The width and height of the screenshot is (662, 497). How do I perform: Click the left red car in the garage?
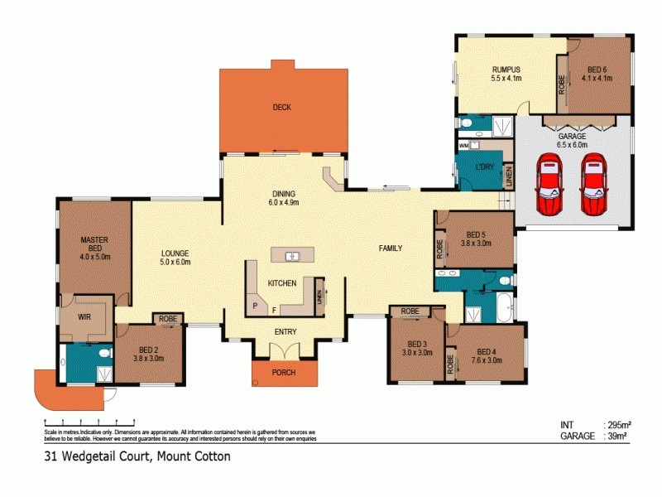tap(549, 184)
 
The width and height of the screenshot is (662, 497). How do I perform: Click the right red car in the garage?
tap(594, 184)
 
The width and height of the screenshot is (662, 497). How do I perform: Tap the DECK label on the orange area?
tap(281, 107)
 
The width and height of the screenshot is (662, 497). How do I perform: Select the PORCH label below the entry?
tap(284, 373)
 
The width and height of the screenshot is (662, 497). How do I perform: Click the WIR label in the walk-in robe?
tap(84, 316)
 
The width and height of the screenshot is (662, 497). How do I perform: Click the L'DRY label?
tap(485, 168)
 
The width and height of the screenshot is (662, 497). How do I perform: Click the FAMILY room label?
tap(391, 248)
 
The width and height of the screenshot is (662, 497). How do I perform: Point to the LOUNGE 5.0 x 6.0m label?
tap(175, 258)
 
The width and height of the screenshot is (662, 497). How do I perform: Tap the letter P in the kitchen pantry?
tap(255, 306)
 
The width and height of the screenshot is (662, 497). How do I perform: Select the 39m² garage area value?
tap(617, 435)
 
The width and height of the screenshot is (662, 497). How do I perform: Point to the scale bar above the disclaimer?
tap(84, 422)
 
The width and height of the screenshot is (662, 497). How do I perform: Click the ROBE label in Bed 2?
tap(168, 318)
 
